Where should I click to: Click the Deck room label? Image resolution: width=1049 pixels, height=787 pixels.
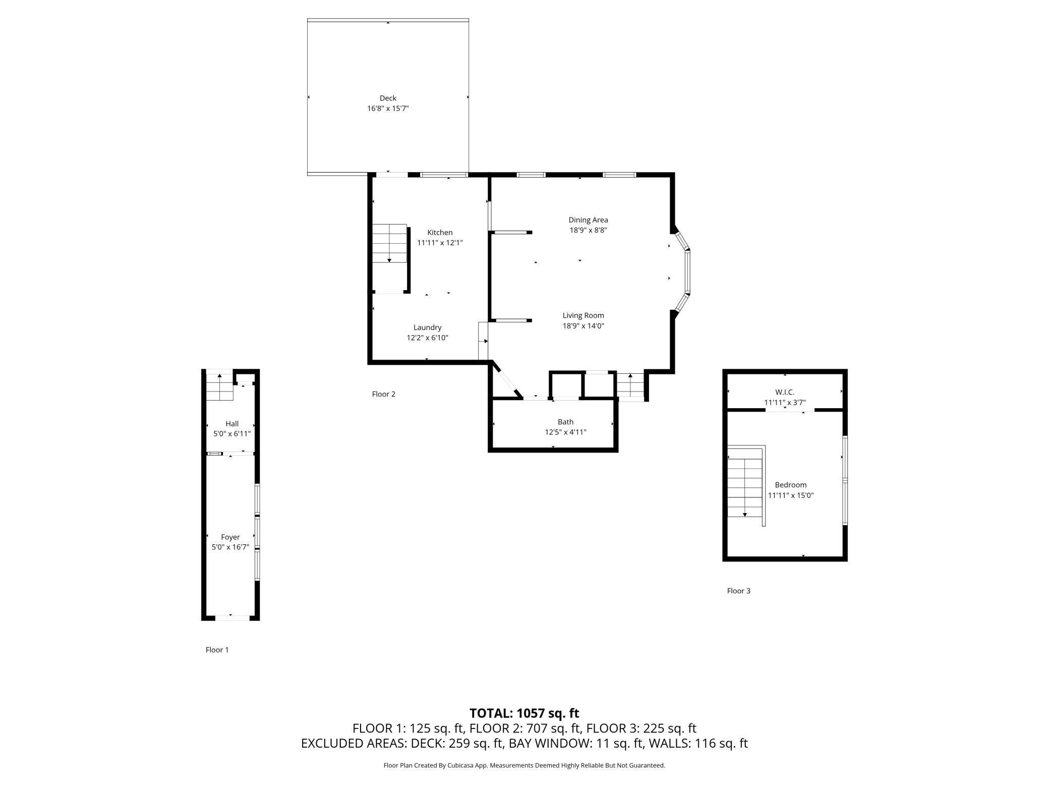pyautogui.click(x=388, y=98)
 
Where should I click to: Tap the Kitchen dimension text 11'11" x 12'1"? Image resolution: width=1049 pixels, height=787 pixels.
pyautogui.click(x=440, y=243)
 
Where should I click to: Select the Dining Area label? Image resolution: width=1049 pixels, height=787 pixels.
pyautogui.click(x=588, y=220)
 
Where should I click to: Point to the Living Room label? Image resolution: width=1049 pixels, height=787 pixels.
pyautogui.click(x=583, y=315)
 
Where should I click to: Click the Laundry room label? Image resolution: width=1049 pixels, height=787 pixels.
pyautogui.click(x=427, y=327)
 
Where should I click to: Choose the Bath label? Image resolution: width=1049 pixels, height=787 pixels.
pyautogui.click(x=565, y=422)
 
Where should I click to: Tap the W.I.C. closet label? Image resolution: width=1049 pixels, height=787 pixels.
pyautogui.click(x=785, y=392)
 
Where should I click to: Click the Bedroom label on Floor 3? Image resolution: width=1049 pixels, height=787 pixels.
pyautogui.click(x=791, y=485)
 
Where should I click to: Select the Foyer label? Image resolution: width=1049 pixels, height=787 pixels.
pyautogui.click(x=230, y=537)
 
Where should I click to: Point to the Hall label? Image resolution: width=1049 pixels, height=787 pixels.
pyautogui.click(x=232, y=424)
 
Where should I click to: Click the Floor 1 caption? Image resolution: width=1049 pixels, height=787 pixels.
pyautogui.click(x=217, y=650)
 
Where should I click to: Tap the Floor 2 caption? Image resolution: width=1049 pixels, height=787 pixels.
pyautogui.click(x=383, y=394)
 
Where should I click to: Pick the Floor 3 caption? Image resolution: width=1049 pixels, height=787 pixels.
pyautogui.click(x=738, y=591)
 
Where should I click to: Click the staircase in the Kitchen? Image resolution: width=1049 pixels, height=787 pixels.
pyautogui.click(x=390, y=243)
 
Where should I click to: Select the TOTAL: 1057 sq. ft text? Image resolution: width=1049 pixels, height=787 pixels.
pyautogui.click(x=524, y=713)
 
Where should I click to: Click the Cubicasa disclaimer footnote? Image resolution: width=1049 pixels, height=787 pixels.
pyautogui.click(x=524, y=765)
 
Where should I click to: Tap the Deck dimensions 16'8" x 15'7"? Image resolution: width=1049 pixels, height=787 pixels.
pyautogui.click(x=388, y=108)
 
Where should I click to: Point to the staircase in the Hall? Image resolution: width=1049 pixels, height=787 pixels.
pyautogui.click(x=219, y=387)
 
